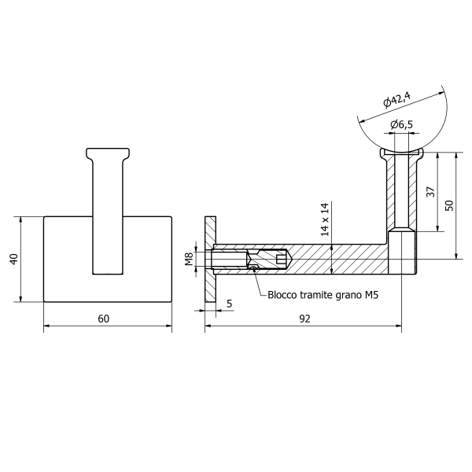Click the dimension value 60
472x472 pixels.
click(x=104, y=319)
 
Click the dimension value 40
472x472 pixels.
click(x=14, y=259)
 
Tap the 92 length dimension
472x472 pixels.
click(x=304, y=319)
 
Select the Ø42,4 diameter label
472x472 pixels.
click(x=396, y=99)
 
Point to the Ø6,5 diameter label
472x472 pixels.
click(x=401, y=124)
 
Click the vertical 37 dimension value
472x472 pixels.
click(x=431, y=192)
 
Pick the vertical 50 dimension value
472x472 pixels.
click(x=449, y=205)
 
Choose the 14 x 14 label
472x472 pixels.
click(x=324, y=219)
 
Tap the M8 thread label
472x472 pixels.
click(x=189, y=259)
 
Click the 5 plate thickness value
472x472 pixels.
click(x=230, y=304)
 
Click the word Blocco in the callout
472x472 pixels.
click(x=282, y=295)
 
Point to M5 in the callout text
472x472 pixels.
click(x=371, y=295)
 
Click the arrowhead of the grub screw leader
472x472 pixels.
click(x=255, y=270)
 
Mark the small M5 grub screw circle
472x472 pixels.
click(x=254, y=267)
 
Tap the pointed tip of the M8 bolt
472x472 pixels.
click(x=290, y=259)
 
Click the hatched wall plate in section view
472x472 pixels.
click(x=210, y=259)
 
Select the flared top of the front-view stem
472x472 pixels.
click(x=108, y=153)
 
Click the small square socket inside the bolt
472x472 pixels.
click(x=280, y=259)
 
